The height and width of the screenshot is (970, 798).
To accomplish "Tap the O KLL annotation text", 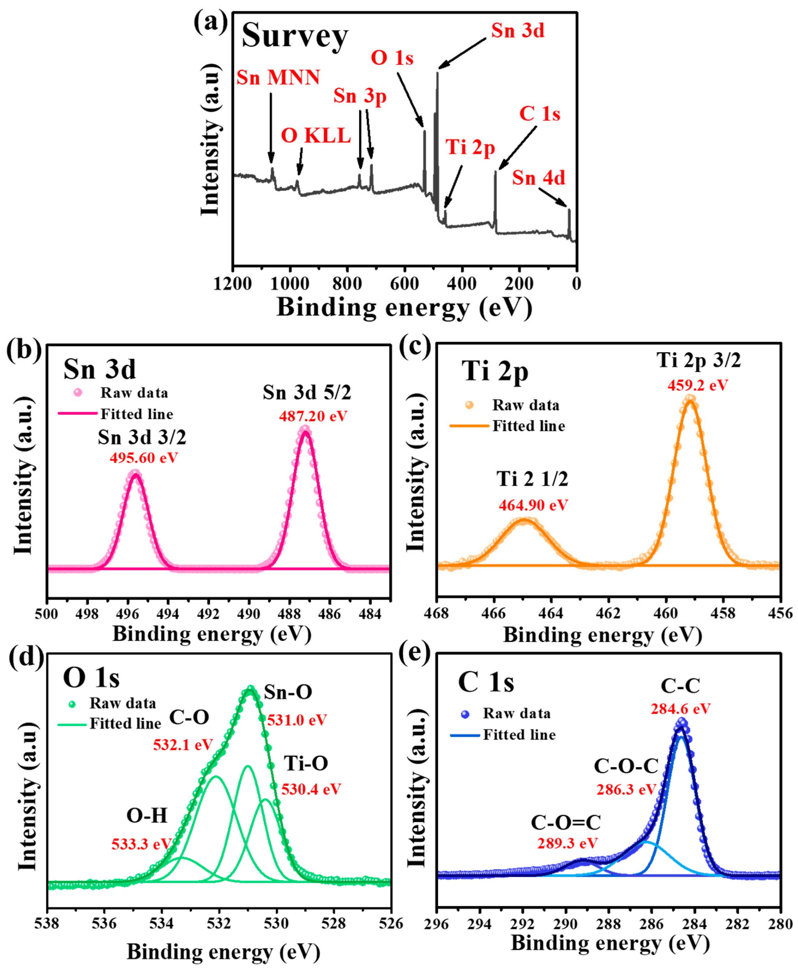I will click(316, 136).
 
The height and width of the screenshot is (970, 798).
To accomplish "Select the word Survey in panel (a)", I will click(295, 36).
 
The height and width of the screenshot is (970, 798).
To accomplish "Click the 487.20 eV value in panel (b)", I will click(313, 416).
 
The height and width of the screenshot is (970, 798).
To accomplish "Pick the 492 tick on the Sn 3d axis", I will click(208, 614).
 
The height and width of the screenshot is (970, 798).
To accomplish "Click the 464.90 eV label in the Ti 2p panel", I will click(533, 506).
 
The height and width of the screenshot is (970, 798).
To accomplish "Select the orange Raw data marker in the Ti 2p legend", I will click(469, 405).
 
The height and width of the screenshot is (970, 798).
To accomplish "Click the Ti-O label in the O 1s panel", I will click(306, 763).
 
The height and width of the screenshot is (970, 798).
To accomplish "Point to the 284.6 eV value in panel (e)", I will click(680, 708).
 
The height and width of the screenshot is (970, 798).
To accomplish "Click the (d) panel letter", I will click(26, 656).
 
